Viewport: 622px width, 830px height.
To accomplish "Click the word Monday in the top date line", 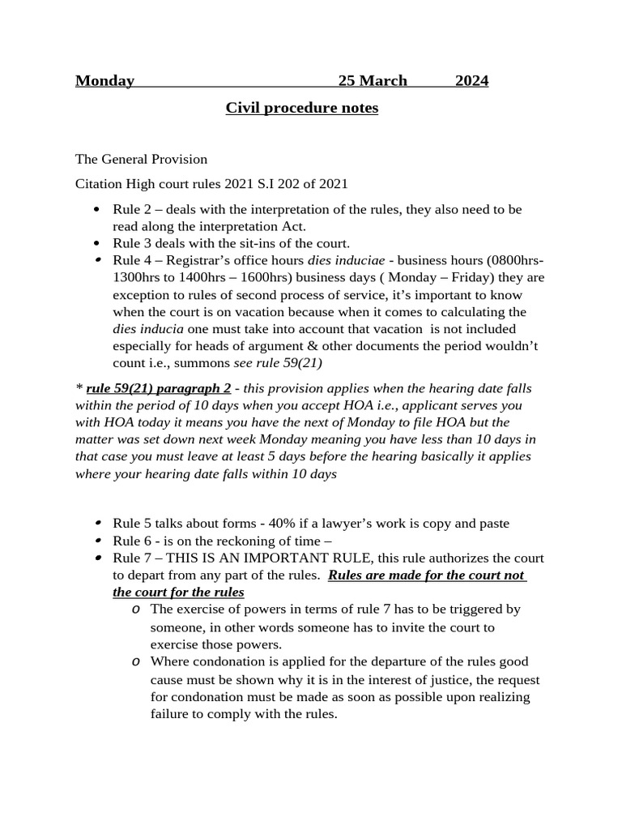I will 104,81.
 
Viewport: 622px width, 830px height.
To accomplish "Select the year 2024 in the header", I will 471,81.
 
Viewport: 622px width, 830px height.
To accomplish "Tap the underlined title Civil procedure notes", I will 301,108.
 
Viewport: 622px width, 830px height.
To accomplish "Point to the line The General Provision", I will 141,159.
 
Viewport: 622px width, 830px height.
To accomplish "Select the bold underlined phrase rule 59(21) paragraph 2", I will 159,388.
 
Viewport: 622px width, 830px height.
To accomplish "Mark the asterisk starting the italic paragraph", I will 79,388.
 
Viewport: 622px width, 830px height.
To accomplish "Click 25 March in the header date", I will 373,81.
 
